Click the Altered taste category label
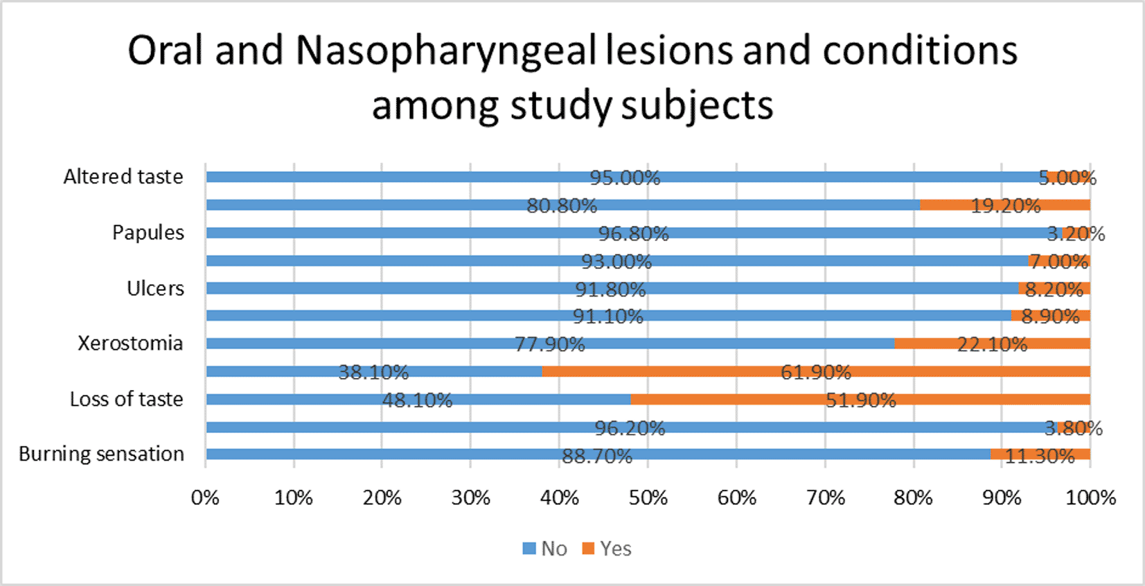pyautogui.click(x=123, y=177)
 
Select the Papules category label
pyautogui.click(x=148, y=233)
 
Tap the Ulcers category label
pyautogui.click(x=155, y=288)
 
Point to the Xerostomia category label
pyautogui.click(x=130, y=344)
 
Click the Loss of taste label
pyautogui.click(x=126, y=399)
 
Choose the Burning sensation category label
pyautogui.click(x=101, y=454)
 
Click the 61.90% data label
pyautogui.click(x=815, y=373)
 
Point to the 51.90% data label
pyautogui.click(x=860, y=400)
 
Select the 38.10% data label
pyautogui.click(x=373, y=373)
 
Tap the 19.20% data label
pyautogui.click(x=1005, y=206)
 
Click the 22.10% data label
pyautogui.click(x=992, y=344)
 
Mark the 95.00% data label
pyautogui.click(x=625, y=178)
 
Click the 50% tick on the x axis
pyautogui.click(x=648, y=498)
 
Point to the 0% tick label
pyautogui.click(x=205, y=498)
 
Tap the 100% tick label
pyautogui.click(x=1090, y=498)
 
